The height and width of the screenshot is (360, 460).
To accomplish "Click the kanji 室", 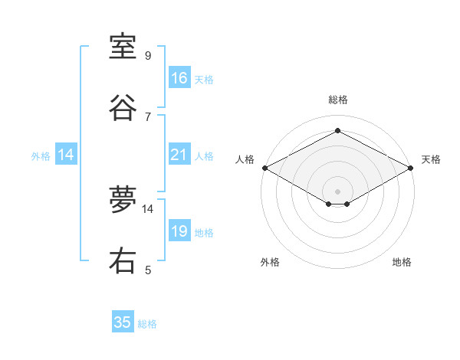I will [123, 47].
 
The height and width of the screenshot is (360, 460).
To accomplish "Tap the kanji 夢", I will [123, 201].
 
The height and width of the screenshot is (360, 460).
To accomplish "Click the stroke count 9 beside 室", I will [148, 56].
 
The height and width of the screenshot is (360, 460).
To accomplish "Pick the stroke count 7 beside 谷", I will [148, 116].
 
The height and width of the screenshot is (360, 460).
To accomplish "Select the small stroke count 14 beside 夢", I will [148, 208].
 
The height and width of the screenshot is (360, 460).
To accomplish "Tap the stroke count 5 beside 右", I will [148, 270].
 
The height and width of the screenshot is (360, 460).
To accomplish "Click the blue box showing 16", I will [179, 78].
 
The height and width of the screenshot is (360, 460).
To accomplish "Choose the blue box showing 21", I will [179, 155].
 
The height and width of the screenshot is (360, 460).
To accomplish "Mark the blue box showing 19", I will [179, 231].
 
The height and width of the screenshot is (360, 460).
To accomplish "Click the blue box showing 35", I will [123, 322].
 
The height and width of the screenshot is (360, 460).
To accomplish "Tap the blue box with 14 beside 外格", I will [66, 155].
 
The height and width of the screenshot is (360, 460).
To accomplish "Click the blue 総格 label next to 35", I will [147, 324].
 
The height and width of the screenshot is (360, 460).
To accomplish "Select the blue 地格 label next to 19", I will [204, 233].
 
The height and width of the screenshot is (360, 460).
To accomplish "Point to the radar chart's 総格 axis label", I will [338, 100].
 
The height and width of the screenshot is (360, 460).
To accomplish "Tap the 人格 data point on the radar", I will [264, 168].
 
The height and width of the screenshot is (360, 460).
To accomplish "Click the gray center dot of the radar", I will [338, 190].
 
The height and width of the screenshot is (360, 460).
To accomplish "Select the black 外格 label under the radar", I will [270, 263].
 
